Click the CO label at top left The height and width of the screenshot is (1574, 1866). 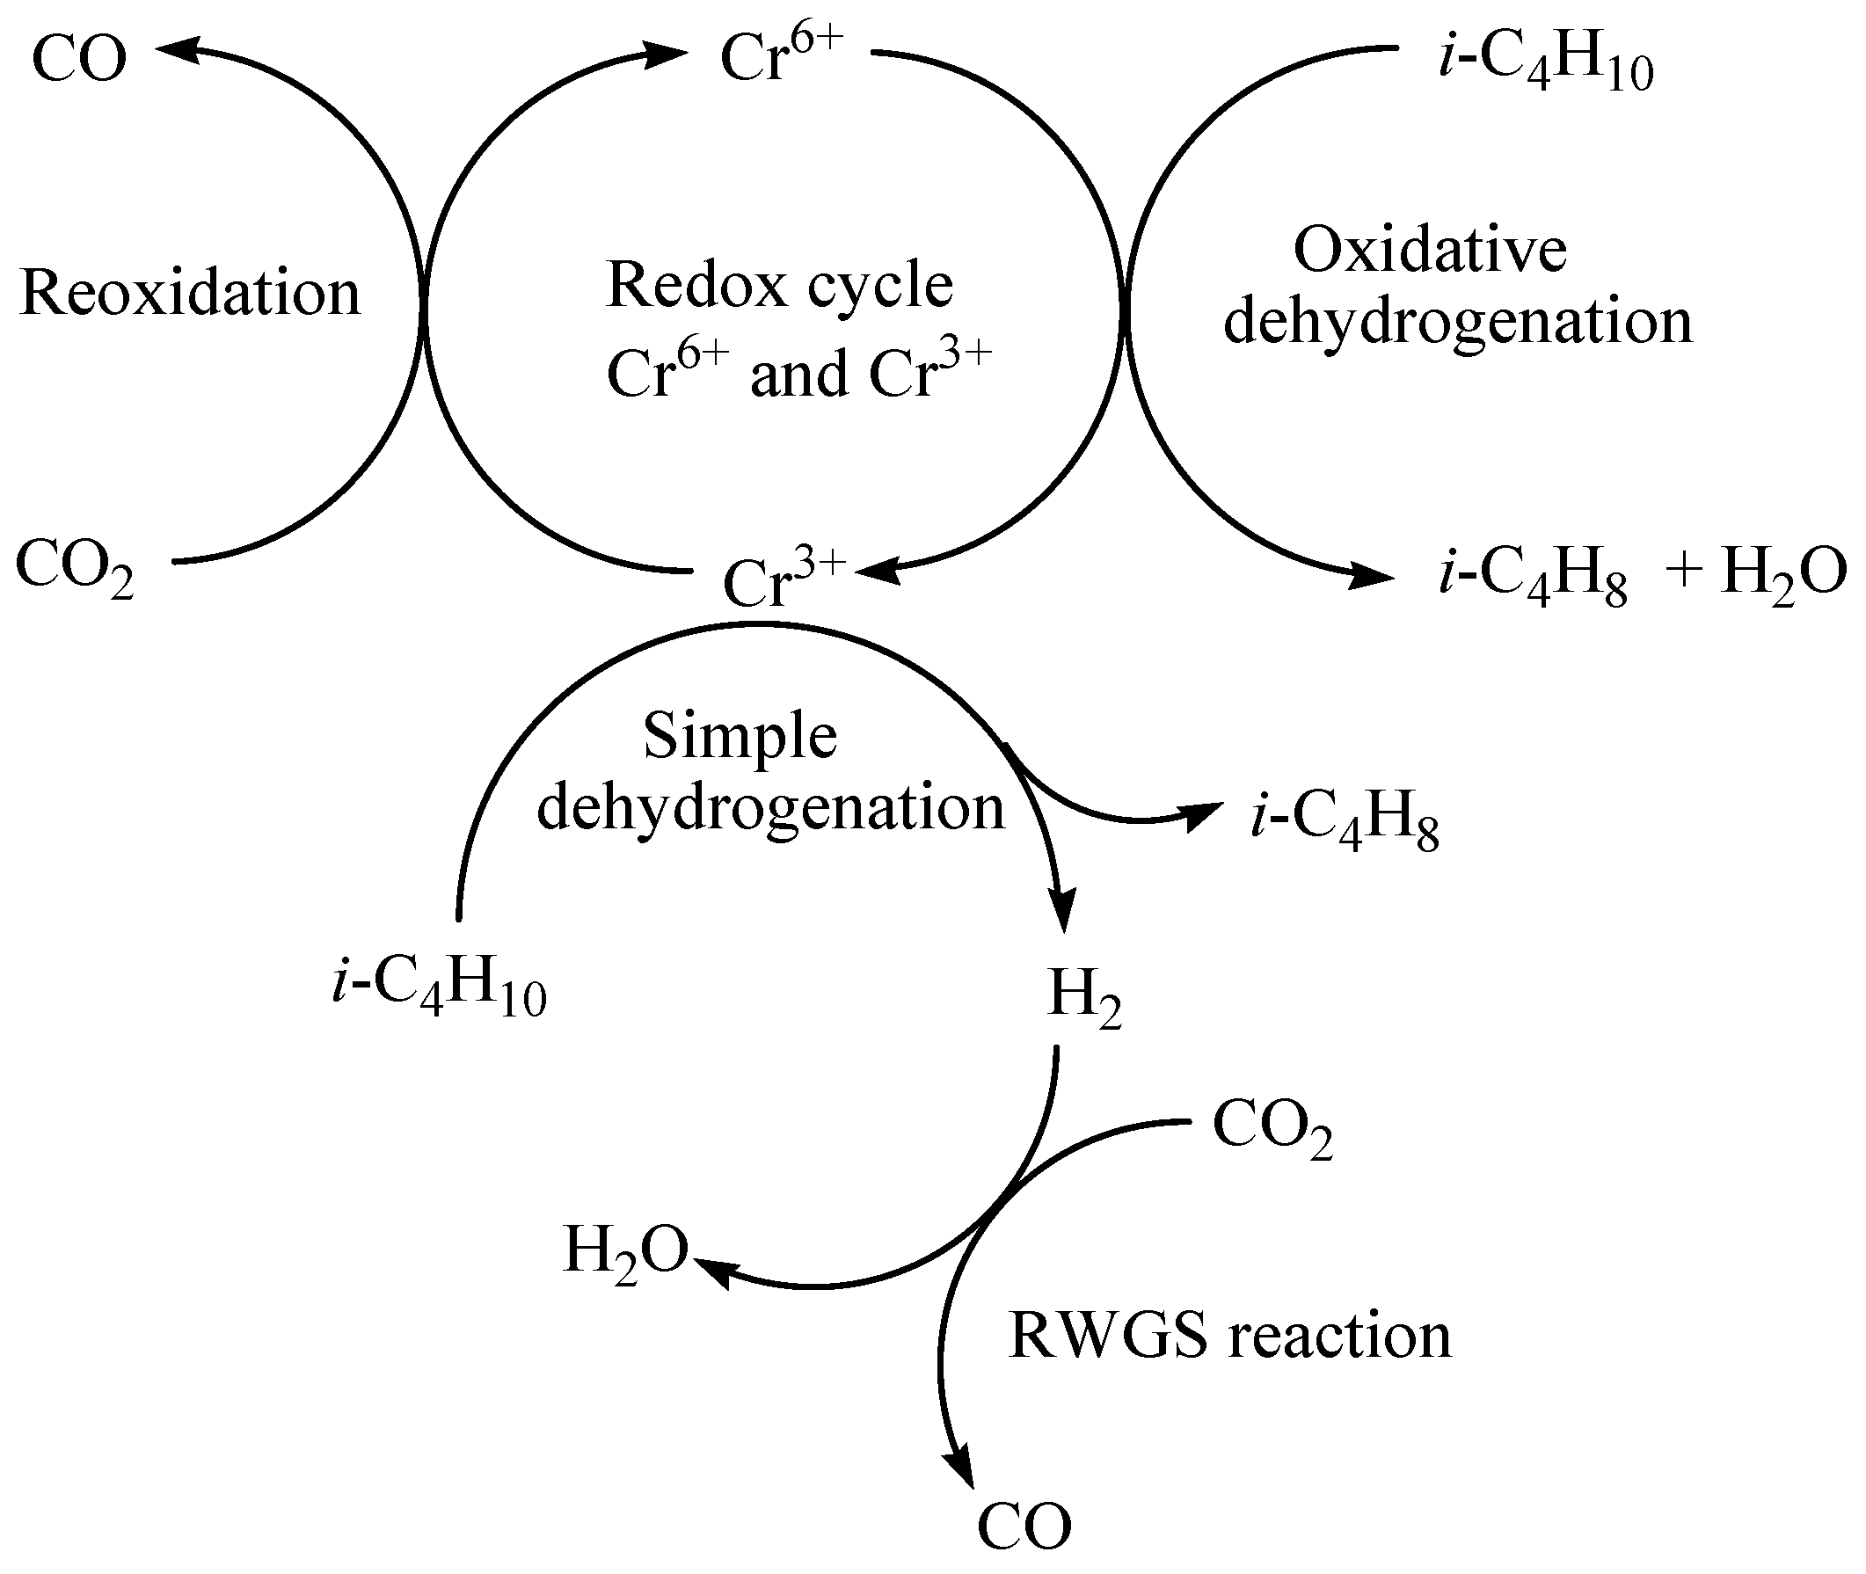tap(79, 59)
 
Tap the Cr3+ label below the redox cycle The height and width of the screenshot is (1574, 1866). tap(783, 581)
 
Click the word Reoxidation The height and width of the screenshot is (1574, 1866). tap(190, 293)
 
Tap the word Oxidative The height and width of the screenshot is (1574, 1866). tap(1430, 250)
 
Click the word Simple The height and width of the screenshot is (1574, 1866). tap(740, 737)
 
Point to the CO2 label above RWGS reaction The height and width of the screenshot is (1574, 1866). tap(1272, 1129)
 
